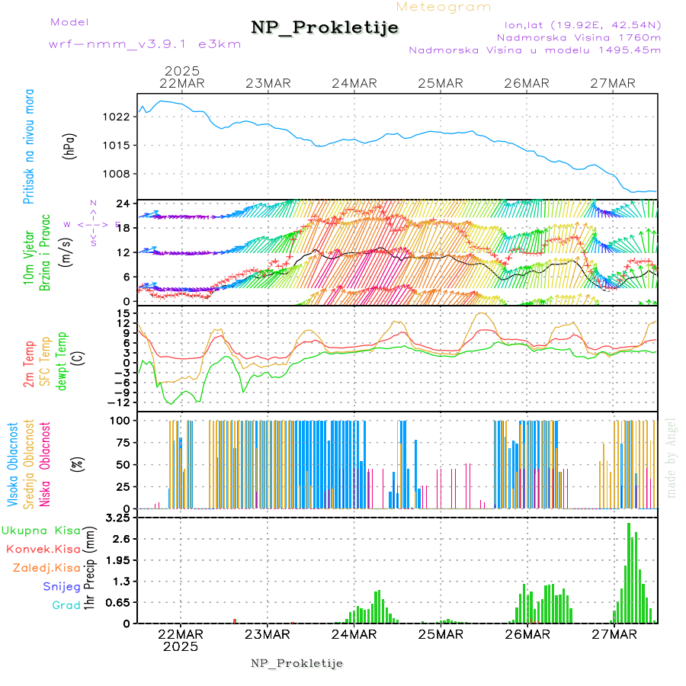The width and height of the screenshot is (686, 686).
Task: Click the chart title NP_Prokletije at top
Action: click(325, 28)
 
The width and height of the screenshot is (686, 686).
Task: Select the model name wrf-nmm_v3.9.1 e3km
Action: click(145, 43)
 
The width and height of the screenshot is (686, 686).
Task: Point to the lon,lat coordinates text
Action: click(576, 24)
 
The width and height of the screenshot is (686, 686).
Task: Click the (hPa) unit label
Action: click(69, 145)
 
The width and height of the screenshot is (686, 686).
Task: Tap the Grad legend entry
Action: click(66, 606)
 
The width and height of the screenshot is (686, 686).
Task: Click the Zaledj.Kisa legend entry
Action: click(46, 568)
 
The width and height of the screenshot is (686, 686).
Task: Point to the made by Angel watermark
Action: click(672, 457)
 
